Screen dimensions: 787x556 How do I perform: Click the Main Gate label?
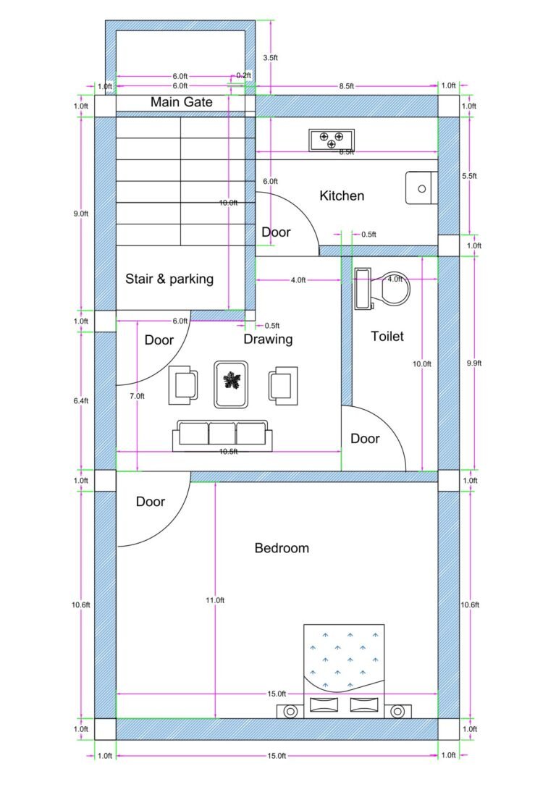click(x=181, y=102)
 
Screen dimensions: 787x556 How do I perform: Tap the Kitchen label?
click(x=342, y=195)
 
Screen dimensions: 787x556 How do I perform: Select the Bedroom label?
click(x=282, y=548)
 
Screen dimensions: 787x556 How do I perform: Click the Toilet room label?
click(x=387, y=336)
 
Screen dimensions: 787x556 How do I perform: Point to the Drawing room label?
click(x=268, y=339)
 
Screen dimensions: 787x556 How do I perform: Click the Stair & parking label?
click(x=169, y=279)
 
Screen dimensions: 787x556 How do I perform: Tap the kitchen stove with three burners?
click(x=332, y=139)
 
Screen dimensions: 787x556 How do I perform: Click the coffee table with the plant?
click(x=232, y=384)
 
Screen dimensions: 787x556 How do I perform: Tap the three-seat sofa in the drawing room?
click(x=222, y=434)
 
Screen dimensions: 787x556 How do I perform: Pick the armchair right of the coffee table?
click(x=283, y=384)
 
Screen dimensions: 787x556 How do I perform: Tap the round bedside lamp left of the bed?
click(x=290, y=712)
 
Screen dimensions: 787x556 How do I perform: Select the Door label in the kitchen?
click(x=276, y=232)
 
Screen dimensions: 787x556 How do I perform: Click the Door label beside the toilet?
click(x=365, y=439)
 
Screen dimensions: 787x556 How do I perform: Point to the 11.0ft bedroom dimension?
click(x=215, y=600)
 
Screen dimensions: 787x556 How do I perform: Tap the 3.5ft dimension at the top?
click(x=269, y=56)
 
